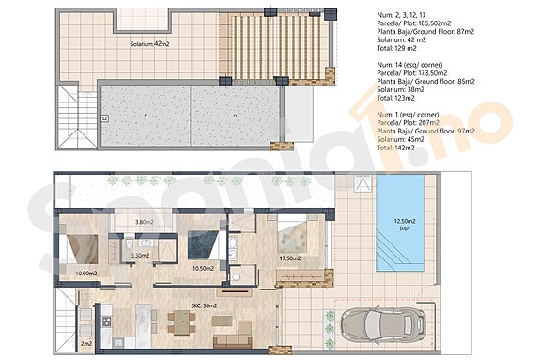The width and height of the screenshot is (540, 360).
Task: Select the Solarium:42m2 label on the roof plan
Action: point(149,43)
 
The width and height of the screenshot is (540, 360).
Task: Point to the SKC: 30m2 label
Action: point(204,305)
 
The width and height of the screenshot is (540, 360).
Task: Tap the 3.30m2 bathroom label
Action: point(141,255)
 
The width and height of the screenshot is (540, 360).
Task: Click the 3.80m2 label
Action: point(145,223)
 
